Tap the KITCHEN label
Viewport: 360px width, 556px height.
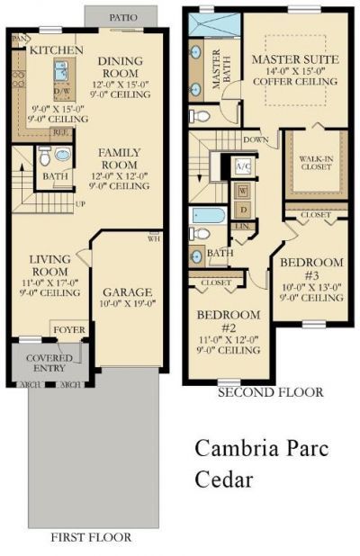(56, 49)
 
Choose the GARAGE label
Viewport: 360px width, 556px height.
(126, 292)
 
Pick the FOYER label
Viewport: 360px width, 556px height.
(69, 330)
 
